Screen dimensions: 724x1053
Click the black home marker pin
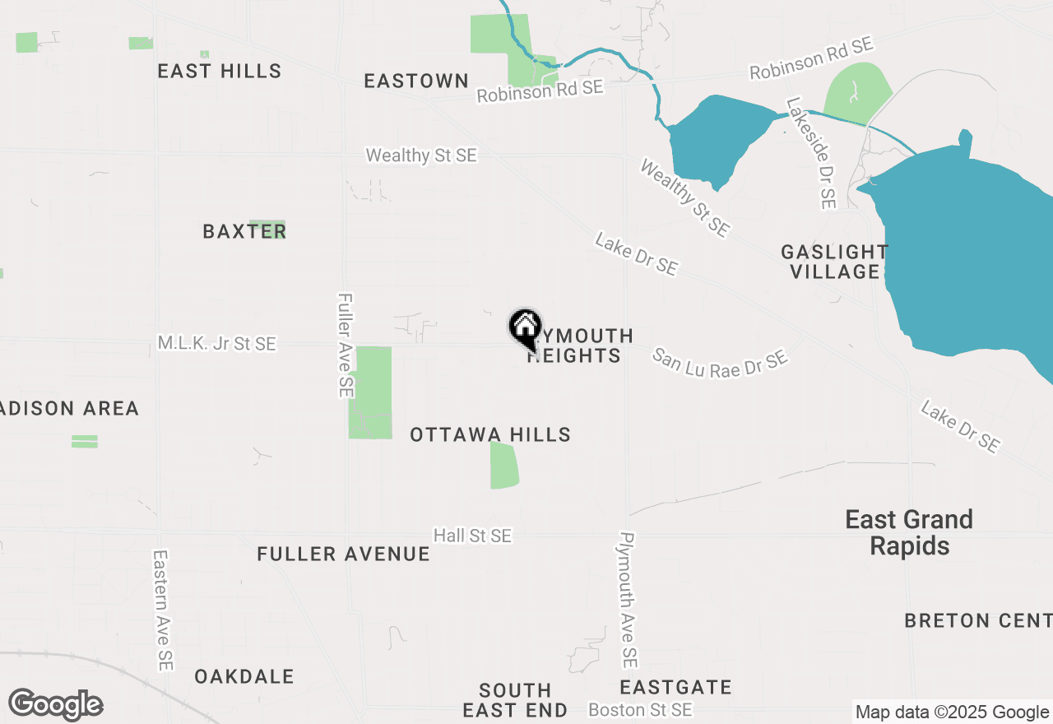coord(525,327)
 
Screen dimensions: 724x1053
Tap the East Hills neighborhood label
coord(220,71)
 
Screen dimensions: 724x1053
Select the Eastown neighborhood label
coord(416,81)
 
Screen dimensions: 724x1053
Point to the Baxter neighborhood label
coord(244,231)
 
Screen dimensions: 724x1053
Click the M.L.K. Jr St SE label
coord(217,344)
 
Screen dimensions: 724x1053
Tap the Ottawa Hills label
coord(490,434)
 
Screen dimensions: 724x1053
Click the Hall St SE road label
coord(473,536)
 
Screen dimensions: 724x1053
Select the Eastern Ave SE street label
coord(162,610)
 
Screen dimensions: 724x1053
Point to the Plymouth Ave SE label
coord(629,599)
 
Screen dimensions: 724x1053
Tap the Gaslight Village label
coord(834,262)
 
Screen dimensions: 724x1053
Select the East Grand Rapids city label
coord(909,532)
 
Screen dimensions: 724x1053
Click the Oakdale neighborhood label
coord(244,676)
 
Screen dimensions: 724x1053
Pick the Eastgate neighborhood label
coord(675,686)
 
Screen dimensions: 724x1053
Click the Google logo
coord(55,704)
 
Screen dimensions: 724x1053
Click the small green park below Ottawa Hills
coord(503,465)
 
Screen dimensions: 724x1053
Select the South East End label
coord(515,700)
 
